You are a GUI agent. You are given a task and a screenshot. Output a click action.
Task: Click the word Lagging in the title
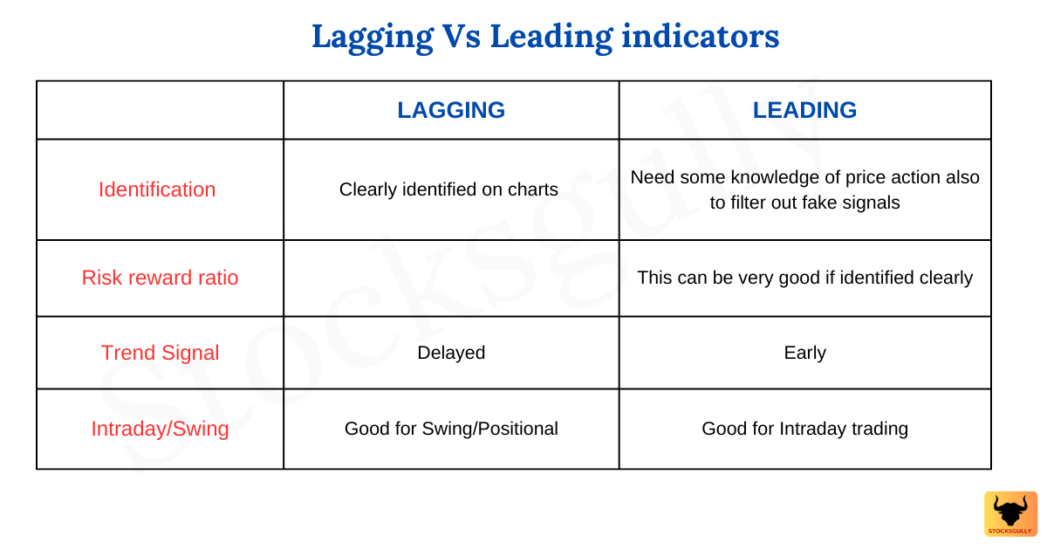click(373, 38)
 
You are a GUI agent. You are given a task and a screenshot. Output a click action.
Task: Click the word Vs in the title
click(462, 38)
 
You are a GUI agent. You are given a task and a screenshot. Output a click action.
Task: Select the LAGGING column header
click(451, 110)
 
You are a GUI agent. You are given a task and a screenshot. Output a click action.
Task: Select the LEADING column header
click(804, 110)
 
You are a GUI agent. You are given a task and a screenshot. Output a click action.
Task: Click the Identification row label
click(157, 189)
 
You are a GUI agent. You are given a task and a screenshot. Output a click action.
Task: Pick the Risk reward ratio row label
click(160, 278)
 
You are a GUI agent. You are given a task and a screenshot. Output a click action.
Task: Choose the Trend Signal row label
click(160, 353)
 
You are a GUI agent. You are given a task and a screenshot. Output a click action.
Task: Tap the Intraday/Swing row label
click(160, 429)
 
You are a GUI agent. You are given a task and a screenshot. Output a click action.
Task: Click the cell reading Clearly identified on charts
click(448, 189)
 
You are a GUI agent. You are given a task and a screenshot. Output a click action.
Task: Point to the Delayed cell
click(451, 353)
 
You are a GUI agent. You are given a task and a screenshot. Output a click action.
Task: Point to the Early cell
click(804, 353)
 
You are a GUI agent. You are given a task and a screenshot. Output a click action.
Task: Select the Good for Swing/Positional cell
click(451, 429)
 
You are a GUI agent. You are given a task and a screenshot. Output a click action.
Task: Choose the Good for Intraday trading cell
click(804, 429)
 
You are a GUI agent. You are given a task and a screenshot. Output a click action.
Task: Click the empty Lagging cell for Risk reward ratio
click(451, 278)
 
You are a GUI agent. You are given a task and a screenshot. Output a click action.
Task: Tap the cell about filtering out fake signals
click(804, 189)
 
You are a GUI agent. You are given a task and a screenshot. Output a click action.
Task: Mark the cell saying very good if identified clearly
click(804, 278)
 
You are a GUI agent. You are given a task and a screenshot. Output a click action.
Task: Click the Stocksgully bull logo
click(1010, 513)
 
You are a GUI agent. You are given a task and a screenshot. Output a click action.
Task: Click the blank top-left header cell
click(160, 110)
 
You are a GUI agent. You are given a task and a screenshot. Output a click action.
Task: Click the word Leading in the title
click(551, 38)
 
